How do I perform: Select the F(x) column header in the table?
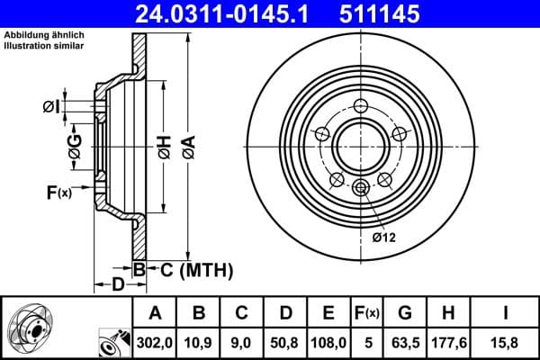pos(367,313)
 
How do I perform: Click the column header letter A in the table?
pos(155,313)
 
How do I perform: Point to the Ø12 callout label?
pos(384,238)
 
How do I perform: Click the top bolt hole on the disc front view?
pos(361,105)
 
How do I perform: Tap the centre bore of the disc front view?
pos(361,145)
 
